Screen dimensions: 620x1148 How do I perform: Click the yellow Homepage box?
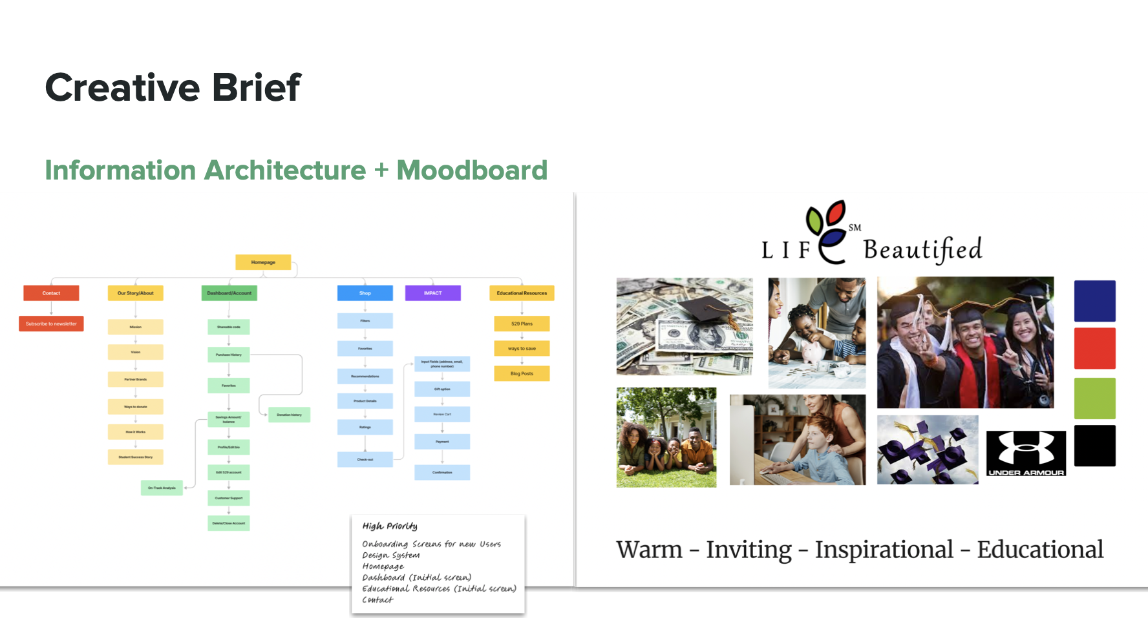(x=263, y=262)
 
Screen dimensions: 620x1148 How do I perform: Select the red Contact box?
(x=51, y=293)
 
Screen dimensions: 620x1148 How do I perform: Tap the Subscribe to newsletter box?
(x=51, y=324)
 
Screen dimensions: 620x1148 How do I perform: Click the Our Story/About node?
(x=135, y=293)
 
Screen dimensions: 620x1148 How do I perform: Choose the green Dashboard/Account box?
(x=229, y=293)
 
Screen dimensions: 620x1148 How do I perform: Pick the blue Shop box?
(x=365, y=293)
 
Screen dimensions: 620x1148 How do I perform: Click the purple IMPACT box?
(x=432, y=293)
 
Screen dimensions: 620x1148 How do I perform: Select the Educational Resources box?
(x=522, y=293)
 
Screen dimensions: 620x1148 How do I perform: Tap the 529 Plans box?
(x=522, y=324)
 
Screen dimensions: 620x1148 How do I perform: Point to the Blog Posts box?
(x=522, y=373)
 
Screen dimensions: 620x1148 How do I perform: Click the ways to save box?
(x=522, y=349)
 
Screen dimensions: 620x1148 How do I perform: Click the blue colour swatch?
(x=1094, y=301)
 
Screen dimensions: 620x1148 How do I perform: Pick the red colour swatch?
(x=1094, y=349)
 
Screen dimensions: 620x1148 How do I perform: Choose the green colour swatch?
(x=1094, y=398)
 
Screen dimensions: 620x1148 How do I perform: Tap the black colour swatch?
(x=1094, y=446)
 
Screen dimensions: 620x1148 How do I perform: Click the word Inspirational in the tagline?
(x=884, y=550)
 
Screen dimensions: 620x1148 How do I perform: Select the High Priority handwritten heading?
(x=390, y=526)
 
